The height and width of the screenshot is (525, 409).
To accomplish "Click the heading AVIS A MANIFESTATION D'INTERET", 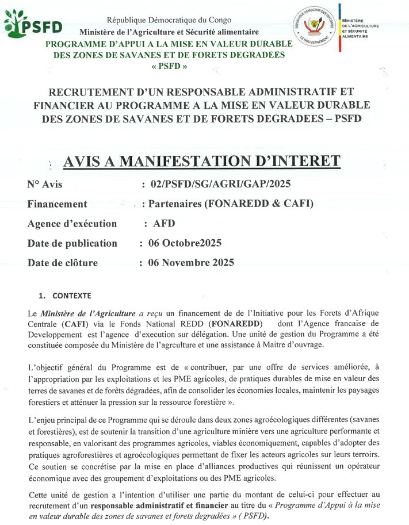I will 201,162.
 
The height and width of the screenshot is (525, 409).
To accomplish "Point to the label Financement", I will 57,204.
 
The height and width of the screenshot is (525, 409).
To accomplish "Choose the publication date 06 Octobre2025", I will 185,243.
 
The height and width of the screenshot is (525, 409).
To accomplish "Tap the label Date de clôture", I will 62,263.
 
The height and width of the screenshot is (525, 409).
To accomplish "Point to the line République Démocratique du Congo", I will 169,20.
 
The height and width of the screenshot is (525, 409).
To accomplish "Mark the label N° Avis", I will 44,184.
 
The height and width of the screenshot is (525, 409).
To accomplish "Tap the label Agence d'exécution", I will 71,223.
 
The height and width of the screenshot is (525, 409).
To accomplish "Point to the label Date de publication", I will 72,243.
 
